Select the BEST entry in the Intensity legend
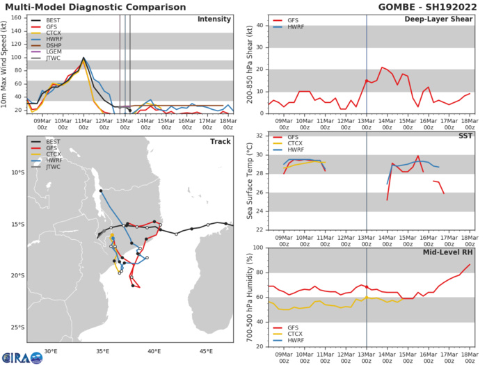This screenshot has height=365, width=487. coord(49,22)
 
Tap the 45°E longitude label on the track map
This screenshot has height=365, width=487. coord(206,351)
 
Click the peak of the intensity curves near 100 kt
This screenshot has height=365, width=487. coord(83,58)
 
